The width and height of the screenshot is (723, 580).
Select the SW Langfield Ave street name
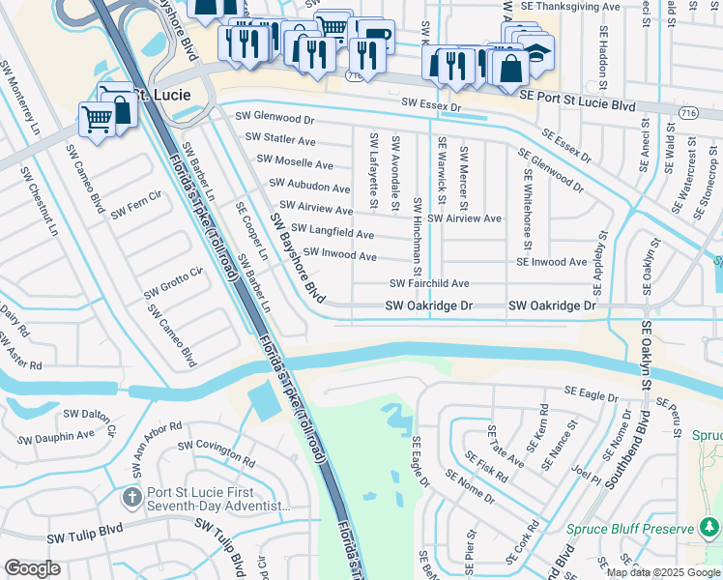332,232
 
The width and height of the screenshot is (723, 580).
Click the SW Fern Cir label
135,210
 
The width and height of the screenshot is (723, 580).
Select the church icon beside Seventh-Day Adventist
131,497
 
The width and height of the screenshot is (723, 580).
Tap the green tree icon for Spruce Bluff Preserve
709,528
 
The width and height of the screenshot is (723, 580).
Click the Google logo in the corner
32,568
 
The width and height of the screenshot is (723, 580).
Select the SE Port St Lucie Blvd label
577,98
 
